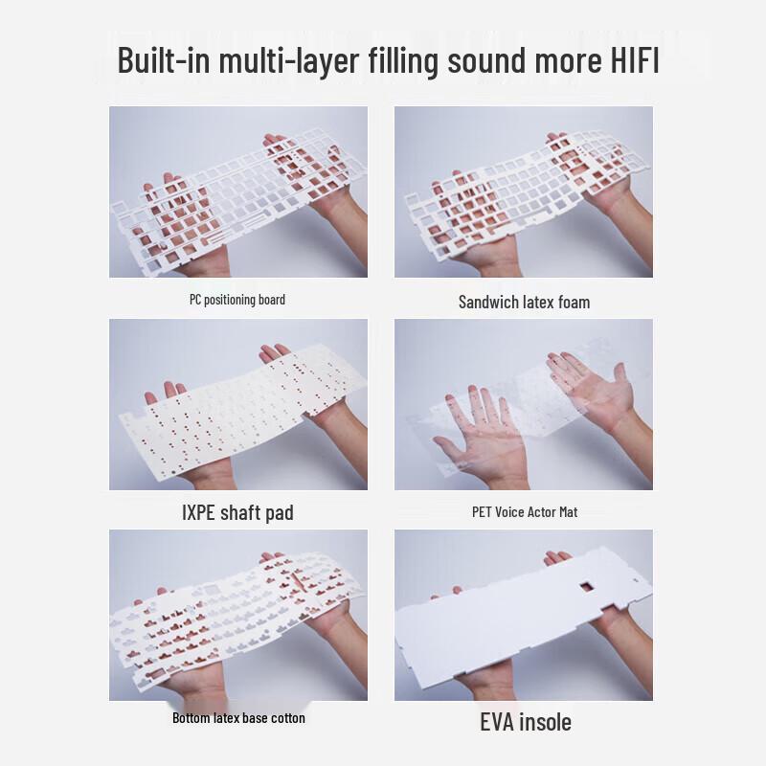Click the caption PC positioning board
[x=237, y=300]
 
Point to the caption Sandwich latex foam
[x=524, y=302]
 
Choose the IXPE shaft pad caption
[x=237, y=512]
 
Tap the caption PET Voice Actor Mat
[x=525, y=511]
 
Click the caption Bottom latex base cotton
[x=238, y=717]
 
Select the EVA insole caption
[x=525, y=721]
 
